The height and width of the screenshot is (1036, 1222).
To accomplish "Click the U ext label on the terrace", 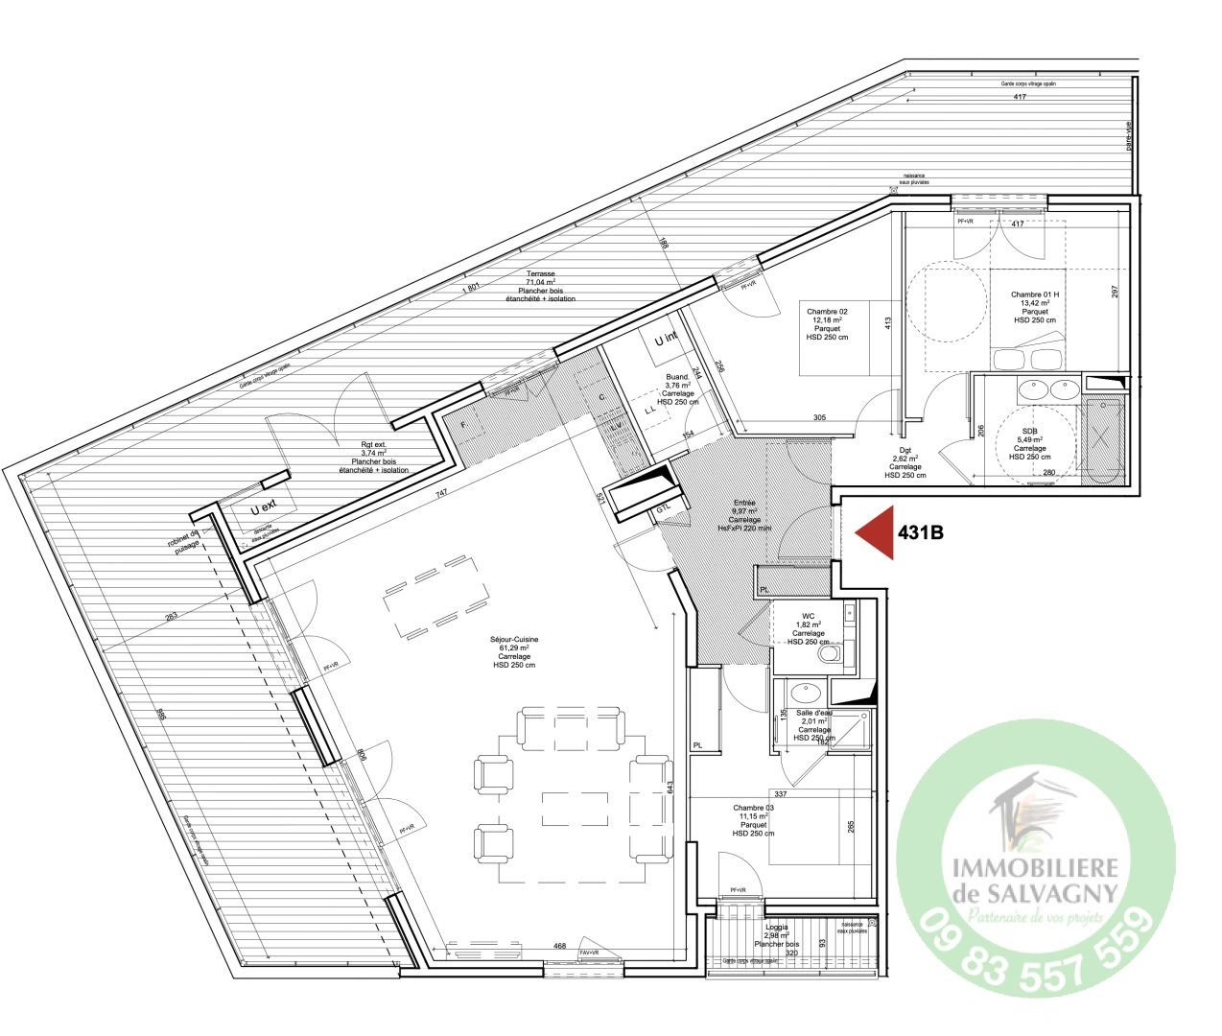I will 263,507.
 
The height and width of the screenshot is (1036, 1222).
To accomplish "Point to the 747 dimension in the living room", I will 441,493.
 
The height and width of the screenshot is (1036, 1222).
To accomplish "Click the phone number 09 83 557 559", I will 1036,949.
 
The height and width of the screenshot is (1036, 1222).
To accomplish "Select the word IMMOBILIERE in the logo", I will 1035,867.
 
